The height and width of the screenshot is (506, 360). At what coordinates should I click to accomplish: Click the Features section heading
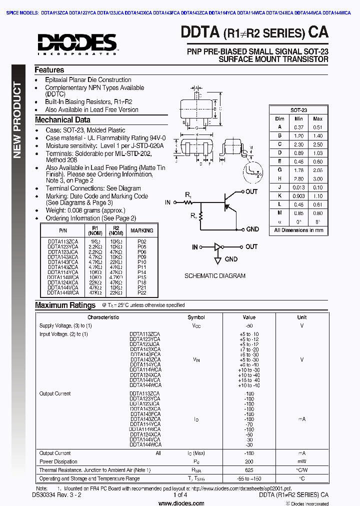(x=49, y=70)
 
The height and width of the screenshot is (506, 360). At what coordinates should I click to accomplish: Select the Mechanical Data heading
(x=62, y=120)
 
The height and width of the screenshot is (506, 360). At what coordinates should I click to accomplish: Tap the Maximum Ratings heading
(x=65, y=305)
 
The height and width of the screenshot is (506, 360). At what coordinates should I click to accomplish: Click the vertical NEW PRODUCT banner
(x=17, y=120)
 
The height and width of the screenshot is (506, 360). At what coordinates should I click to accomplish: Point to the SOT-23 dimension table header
(x=298, y=110)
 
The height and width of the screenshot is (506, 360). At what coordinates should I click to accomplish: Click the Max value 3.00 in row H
(x=317, y=178)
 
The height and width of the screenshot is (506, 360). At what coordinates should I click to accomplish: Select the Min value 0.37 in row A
(x=298, y=127)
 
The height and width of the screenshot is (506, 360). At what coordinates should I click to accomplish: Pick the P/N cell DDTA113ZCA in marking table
(x=62, y=241)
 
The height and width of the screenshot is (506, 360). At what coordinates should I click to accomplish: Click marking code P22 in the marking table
(x=141, y=292)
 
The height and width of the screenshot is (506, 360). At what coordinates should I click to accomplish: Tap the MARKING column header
(x=141, y=230)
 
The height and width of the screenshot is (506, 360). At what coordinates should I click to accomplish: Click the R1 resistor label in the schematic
(x=188, y=194)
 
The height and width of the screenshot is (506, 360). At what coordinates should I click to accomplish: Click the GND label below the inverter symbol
(x=231, y=259)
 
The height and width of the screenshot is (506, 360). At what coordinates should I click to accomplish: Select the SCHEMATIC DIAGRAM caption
(x=215, y=275)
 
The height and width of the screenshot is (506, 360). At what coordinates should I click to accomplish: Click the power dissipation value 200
(x=248, y=461)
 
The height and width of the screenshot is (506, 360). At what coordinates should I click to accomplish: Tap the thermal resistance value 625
(x=248, y=470)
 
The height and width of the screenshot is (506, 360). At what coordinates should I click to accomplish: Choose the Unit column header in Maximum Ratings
(x=301, y=317)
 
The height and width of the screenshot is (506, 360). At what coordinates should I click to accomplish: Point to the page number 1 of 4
(x=180, y=495)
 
